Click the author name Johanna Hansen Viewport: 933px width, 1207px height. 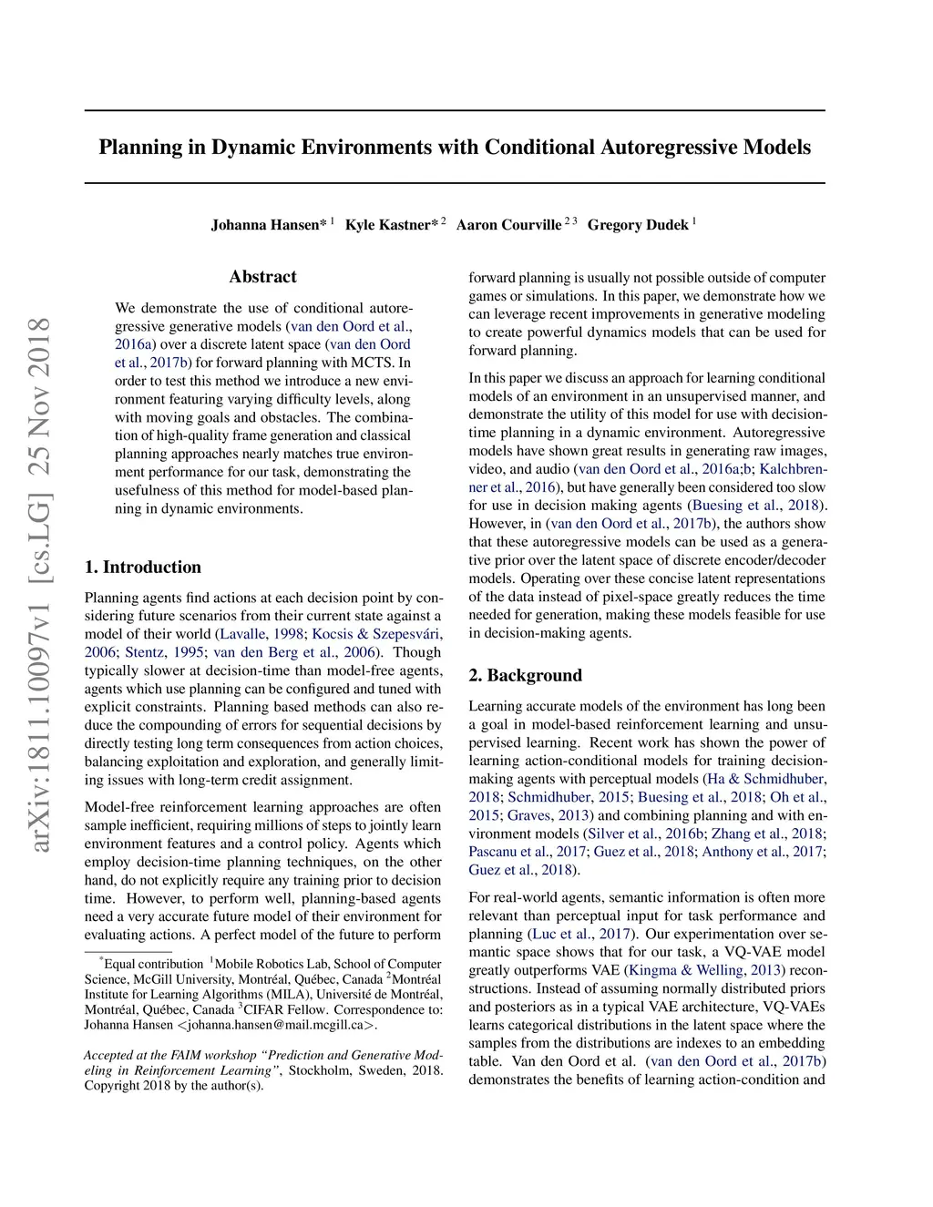pyautogui.click(x=264, y=225)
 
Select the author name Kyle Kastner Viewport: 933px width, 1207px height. pyautogui.click(x=387, y=225)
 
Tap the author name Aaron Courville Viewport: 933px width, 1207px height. pyautogui.click(x=508, y=225)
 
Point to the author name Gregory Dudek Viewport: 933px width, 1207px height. pyautogui.click(x=638, y=225)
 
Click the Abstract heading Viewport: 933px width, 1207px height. pyautogui.click(x=263, y=277)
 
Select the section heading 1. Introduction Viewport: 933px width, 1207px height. pyautogui.click(x=143, y=568)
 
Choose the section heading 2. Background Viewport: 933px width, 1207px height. pyautogui.click(x=525, y=676)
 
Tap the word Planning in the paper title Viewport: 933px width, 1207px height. pyautogui.click(x=139, y=148)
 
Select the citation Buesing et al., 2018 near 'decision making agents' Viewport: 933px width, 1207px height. pyautogui.click(x=755, y=506)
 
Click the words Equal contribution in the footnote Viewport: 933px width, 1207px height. pyautogui.click(x=153, y=964)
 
